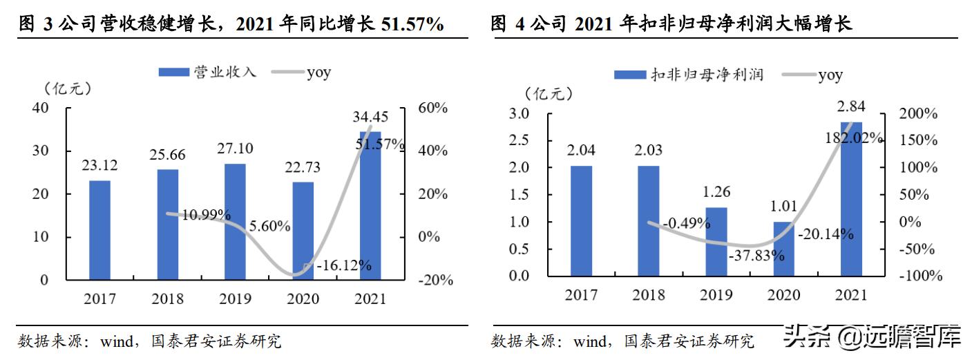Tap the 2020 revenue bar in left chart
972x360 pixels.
[303, 231]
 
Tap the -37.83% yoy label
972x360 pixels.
[756, 255]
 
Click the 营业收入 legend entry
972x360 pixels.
[207, 72]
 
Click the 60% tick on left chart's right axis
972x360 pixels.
[433, 108]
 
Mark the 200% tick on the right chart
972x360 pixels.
[922, 113]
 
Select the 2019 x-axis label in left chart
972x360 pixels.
[236, 299]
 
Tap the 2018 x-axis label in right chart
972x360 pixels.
[649, 296]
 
